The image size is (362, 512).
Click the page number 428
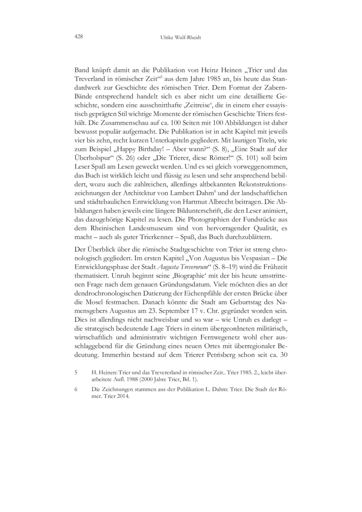point(78,37)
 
